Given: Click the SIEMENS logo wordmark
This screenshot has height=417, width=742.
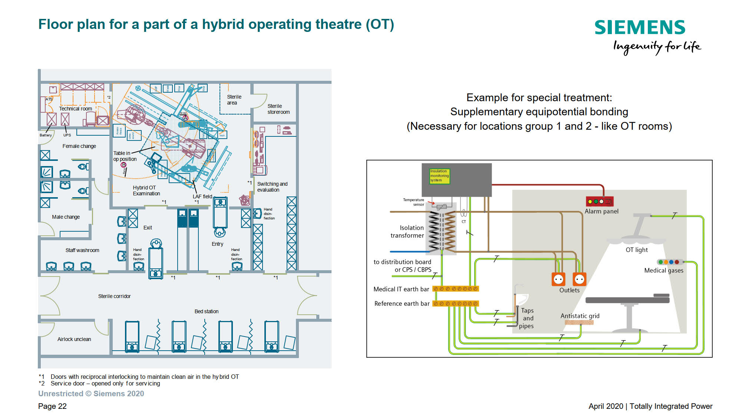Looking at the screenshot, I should coord(640,27).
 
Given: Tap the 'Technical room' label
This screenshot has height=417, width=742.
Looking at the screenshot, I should coord(75,109).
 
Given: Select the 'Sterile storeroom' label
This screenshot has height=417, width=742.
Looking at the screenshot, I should coord(278,109).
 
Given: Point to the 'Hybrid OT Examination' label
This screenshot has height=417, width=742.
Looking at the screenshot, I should coord(146,191).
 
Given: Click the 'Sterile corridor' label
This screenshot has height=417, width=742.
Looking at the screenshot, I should coord(114,296).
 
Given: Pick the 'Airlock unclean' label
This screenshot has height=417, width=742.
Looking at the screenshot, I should coord(74,339).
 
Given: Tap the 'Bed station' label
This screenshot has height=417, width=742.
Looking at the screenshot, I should coord(206,311).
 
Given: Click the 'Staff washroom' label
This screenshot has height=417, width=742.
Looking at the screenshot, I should coord(82,250).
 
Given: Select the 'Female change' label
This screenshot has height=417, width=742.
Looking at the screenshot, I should coord(79,146).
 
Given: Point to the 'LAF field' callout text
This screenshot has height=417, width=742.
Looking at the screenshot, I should coord(202,196).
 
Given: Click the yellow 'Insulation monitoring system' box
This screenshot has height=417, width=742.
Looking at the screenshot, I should coord(439,176).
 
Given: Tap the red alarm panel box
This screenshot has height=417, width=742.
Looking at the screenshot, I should coord(600,201).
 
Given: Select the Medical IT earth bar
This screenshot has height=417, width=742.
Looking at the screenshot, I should coord(455,289).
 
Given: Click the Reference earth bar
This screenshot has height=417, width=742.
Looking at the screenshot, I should coord(456,304).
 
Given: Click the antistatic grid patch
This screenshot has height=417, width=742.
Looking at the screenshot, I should coord(579,322).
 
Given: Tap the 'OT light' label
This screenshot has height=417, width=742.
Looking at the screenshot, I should coord(636,250).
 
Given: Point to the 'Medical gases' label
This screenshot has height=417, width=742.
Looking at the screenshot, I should coord(663,271).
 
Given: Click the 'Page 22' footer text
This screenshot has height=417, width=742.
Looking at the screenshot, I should coord(52,406).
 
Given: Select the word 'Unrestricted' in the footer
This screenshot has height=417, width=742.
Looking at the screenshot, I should coord(61,394).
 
